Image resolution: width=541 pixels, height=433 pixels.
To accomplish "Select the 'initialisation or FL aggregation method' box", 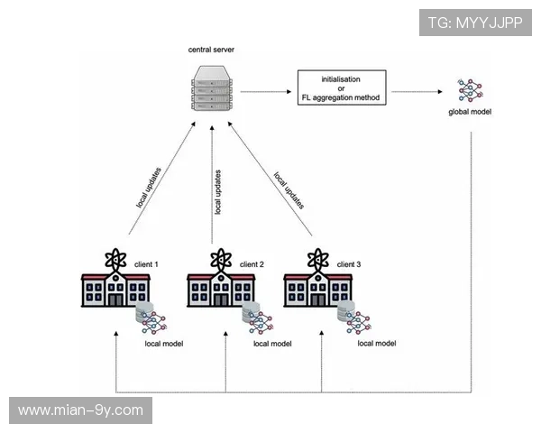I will [x=341, y=87].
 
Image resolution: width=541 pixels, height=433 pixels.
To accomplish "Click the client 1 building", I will [x=114, y=290].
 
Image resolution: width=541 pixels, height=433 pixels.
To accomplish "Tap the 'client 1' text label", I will [x=146, y=264].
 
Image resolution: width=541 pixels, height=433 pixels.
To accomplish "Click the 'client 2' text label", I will [x=251, y=264].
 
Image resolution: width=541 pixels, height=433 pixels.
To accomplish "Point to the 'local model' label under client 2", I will [x=272, y=344].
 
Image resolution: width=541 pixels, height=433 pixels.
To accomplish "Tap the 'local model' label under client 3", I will [x=377, y=344].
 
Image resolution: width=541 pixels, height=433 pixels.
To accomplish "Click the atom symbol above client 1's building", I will [x=114, y=258].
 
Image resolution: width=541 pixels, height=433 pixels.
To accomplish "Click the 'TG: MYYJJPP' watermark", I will [x=475, y=23].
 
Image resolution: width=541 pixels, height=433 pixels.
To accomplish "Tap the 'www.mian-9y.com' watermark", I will [x=81, y=410].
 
